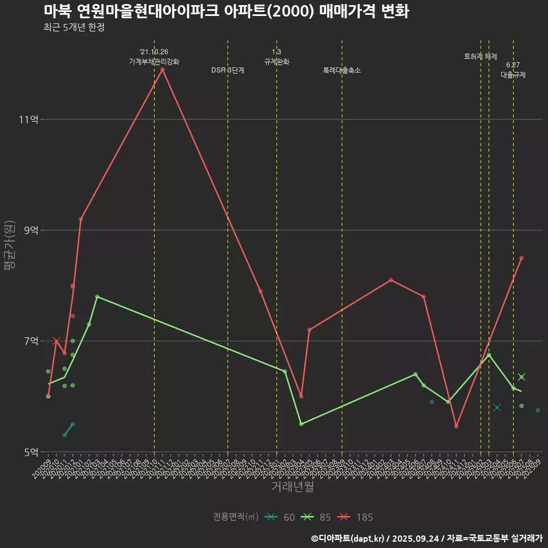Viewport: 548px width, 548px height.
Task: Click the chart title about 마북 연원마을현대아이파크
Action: point(226,11)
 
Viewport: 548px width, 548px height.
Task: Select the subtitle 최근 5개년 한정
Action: point(74,27)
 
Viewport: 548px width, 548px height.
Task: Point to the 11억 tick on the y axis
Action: point(29,119)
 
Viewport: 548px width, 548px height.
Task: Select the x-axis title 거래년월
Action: point(292,487)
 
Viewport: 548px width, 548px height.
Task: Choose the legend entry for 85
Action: point(317,517)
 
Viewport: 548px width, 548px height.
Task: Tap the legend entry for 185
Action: point(354,517)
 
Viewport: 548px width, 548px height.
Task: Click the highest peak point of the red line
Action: point(163,70)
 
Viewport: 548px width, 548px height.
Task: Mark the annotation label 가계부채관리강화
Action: point(154,62)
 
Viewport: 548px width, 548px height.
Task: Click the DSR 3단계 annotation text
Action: point(228,70)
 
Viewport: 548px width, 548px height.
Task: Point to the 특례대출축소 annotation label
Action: point(342,70)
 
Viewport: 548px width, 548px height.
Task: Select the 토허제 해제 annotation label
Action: point(481,57)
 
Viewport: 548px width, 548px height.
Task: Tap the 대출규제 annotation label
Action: point(513,75)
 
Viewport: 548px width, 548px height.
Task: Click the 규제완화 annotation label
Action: point(277,62)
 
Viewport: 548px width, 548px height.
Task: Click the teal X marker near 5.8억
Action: point(497,407)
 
